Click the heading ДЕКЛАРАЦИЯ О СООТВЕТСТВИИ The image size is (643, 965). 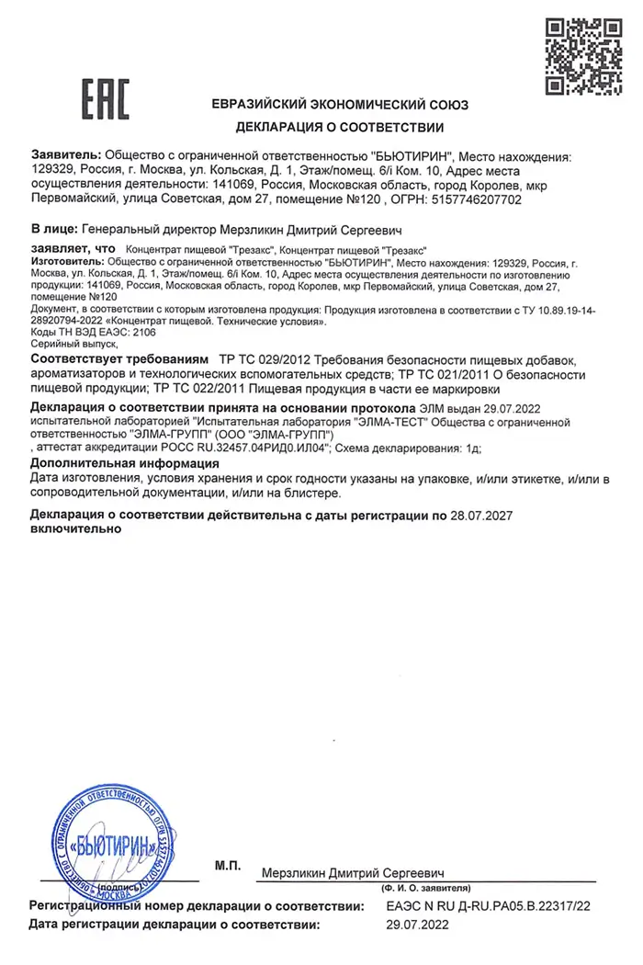tap(340, 127)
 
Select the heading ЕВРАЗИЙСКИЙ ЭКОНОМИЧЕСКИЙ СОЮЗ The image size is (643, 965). tap(340, 105)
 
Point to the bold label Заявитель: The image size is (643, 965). tap(67, 156)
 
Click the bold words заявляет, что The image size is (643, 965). tap(73, 248)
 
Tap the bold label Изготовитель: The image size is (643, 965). tap(66, 262)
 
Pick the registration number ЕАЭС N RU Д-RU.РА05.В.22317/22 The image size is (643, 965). tap(487, 907)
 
